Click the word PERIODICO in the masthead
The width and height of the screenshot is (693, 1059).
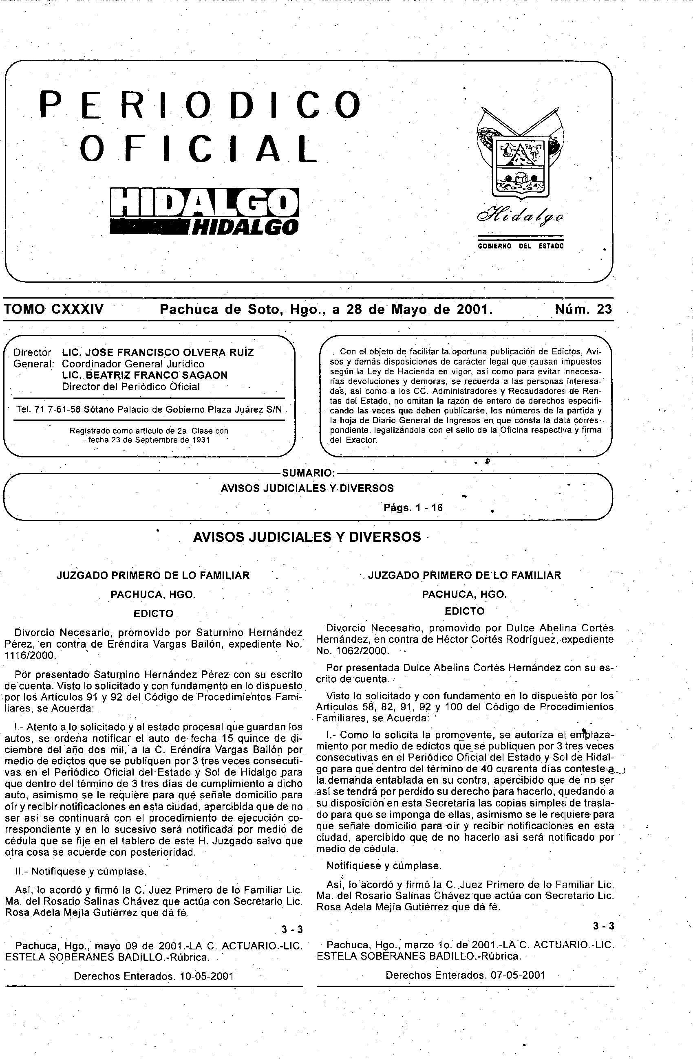pyautogui.click(x=201, y=105)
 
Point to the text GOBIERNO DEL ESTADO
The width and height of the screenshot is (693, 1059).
pyautogui.click(x=520, y=246)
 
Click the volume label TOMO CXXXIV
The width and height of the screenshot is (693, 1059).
pyautogui.click(x=53, y=309)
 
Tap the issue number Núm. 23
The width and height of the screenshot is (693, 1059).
pyautogui.click(x=583, y=309)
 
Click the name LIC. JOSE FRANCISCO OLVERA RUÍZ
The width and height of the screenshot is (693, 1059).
pyautogui.click(x=158, y=352)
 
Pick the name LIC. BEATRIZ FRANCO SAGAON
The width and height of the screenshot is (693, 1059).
pyautogui.click(x=145, y=375)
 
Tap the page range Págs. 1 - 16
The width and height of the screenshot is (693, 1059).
pyautogui.click(x=413, y=508)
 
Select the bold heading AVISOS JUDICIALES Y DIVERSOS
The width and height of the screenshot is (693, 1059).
pyautogui.click(x=307, y=537)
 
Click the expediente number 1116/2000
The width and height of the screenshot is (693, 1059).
pyautogui.click(x=30, y=655)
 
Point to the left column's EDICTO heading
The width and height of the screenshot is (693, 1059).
pyautogui.click(x=153, y=613)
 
